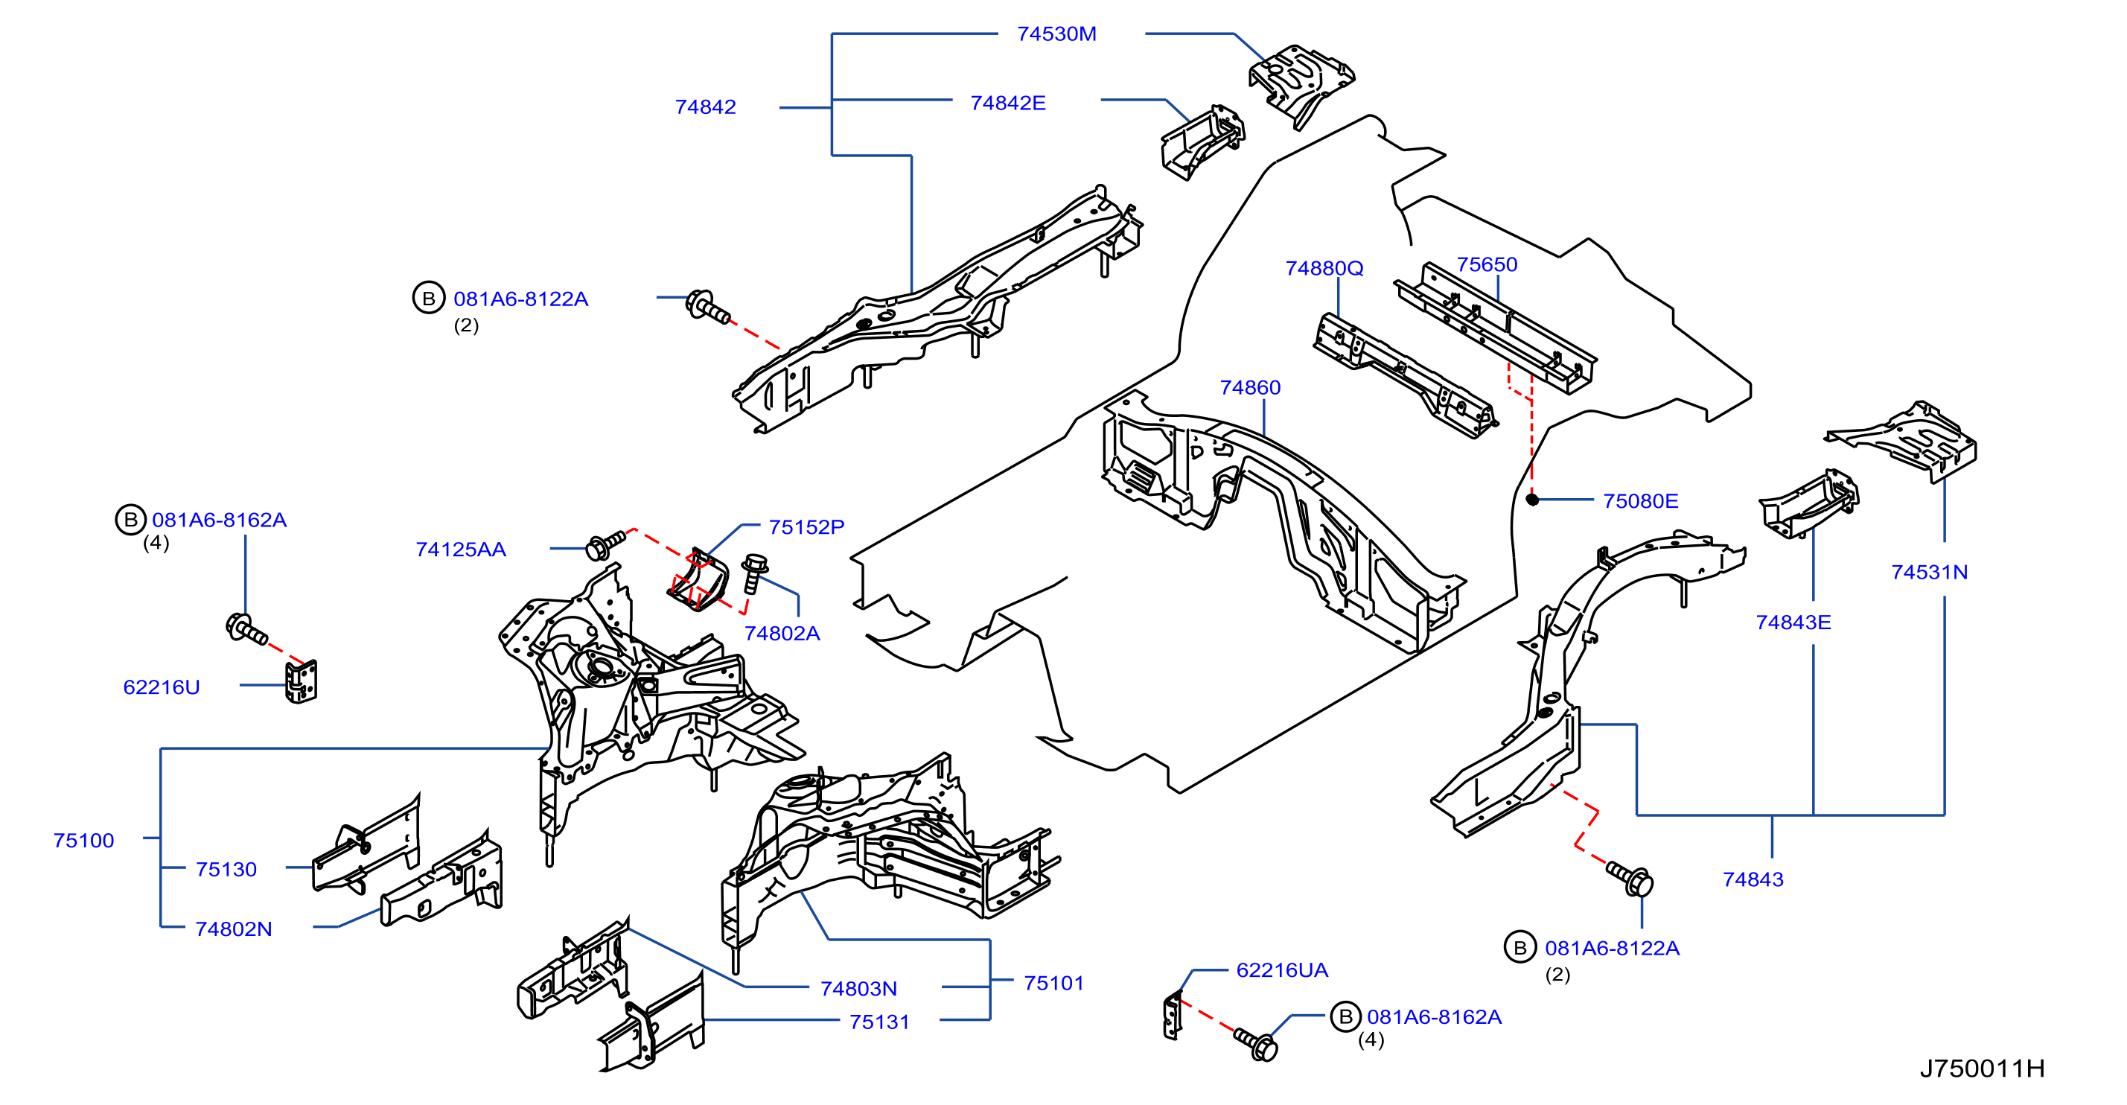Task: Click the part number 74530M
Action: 1056,34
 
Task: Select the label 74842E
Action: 1007,104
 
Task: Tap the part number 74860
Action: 1250,387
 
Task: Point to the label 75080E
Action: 1640,501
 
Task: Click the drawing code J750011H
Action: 1982,1069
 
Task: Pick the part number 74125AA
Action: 461,550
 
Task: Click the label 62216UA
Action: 1281,970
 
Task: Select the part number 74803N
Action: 858,989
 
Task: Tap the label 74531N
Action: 1929,573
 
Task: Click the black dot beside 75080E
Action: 1532,500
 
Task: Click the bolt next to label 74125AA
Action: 605,544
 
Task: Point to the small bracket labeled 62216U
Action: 302,681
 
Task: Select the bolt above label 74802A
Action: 753,573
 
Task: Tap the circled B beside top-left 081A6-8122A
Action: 429,298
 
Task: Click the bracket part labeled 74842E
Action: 1202,142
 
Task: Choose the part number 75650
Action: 1486,264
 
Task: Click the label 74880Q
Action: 1324,268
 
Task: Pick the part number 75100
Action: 83,841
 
